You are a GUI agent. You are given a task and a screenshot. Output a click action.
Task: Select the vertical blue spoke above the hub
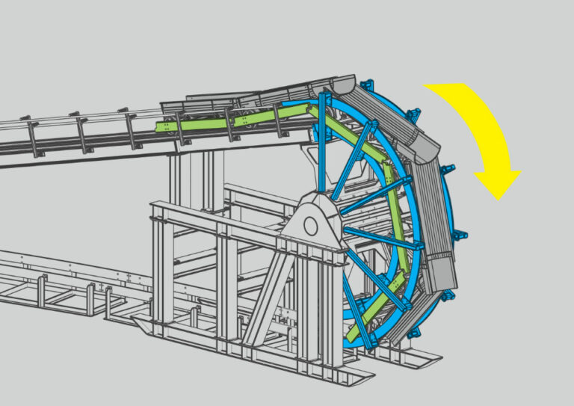pyautogui.click(x=322, y=142)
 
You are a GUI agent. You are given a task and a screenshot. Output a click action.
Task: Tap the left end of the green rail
pyautogui.click(x=158, y=126)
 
